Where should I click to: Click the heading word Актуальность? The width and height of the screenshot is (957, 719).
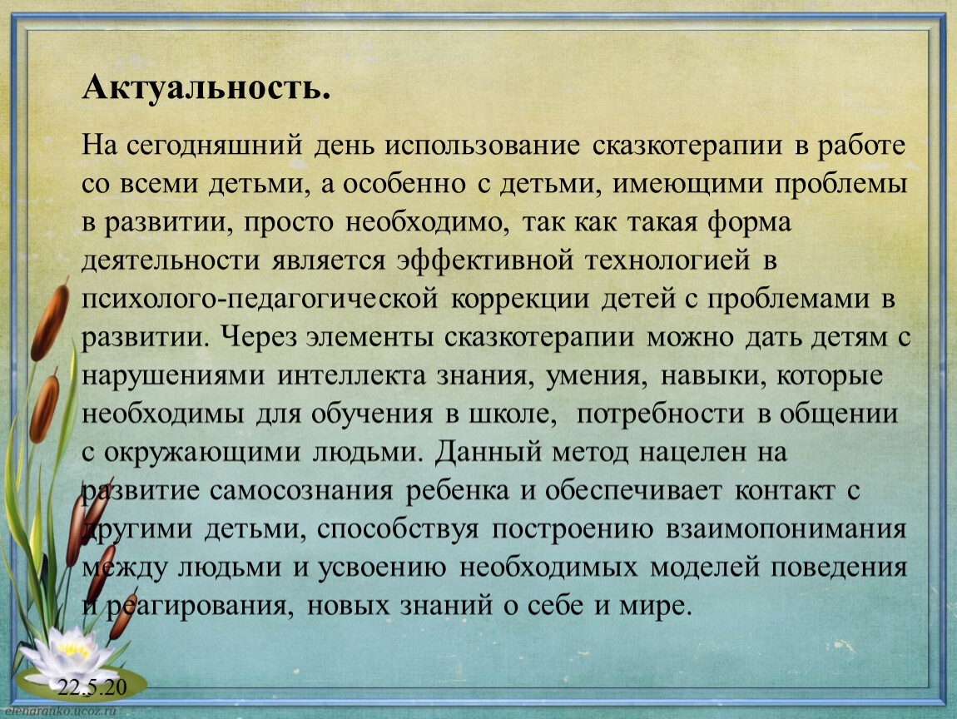coord(206,88)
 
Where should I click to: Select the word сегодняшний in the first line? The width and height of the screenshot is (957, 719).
coord(215,146)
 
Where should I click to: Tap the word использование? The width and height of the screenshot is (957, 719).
coord(482,146)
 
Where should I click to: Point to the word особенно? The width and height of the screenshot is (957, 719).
coord(404,184)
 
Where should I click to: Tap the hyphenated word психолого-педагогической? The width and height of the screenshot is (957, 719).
coord(260,300)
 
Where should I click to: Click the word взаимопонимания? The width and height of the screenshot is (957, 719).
coord(786,529)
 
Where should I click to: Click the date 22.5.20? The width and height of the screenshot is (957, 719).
coord(92,687)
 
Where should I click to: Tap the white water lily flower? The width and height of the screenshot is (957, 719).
coord(69,654)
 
